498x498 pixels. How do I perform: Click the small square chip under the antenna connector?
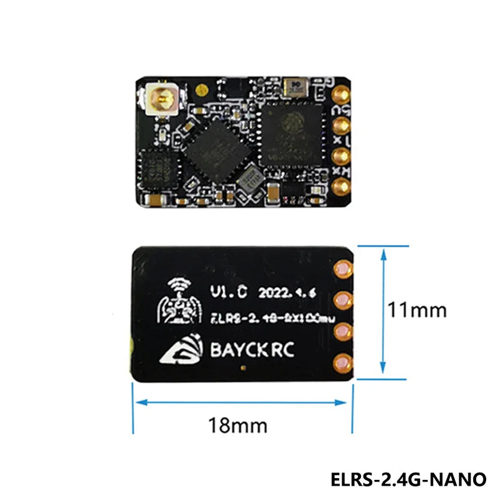pyautogui.click(x=160, y=168)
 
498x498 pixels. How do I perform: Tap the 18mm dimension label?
pyautogui.click(x=239, y=426)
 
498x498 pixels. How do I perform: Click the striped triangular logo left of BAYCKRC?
pyautogui.click(x=182, y=353)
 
